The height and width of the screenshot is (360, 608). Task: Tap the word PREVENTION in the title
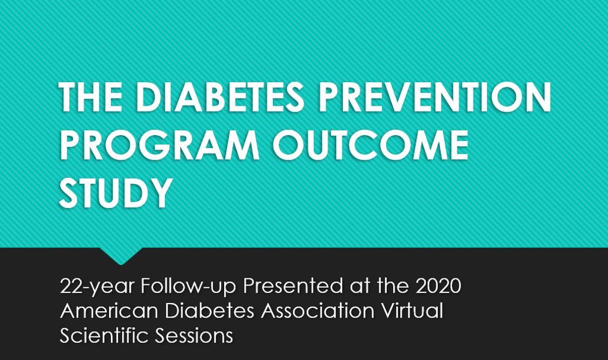click(434, 96)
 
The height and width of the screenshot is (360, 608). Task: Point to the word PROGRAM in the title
click(160, 144)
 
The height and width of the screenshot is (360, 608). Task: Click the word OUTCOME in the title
click(371, 144)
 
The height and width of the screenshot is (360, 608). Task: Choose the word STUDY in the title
click(116, 193)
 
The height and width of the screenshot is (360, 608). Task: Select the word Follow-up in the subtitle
click(188, 287)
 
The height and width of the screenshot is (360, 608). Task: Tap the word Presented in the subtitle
click(293, 286)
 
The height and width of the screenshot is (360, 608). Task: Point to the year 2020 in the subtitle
click(438, 286)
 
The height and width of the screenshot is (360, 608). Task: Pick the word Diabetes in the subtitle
click(210, 311)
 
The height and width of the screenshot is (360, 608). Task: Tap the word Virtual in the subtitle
click(413, 311)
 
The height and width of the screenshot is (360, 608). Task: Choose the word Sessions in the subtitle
click(194, 335)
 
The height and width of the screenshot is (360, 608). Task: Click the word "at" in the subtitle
click(360, 287)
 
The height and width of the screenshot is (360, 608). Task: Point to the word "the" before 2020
click(393, 286)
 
